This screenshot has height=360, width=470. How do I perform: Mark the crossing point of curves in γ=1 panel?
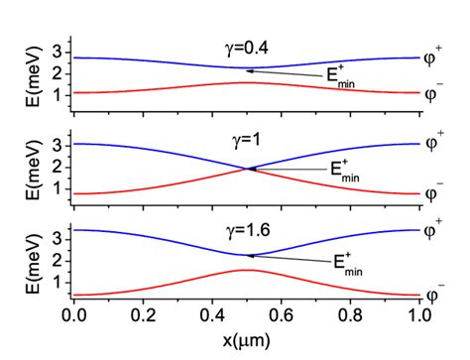click(x=248, y=169)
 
